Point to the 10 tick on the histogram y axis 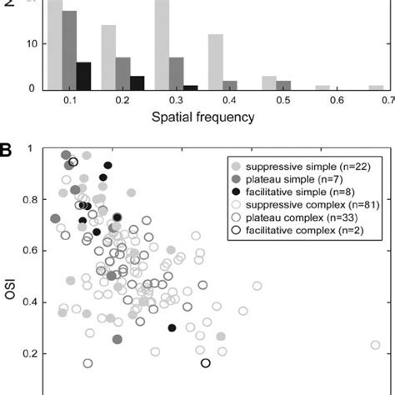click(x=32, y=43)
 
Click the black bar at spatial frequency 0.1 click(x=83, y=76)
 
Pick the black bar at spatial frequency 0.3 click(x=191, y=87)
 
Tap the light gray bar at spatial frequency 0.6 click(x=322, y=87)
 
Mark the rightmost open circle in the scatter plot click(x=376, y=345)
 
